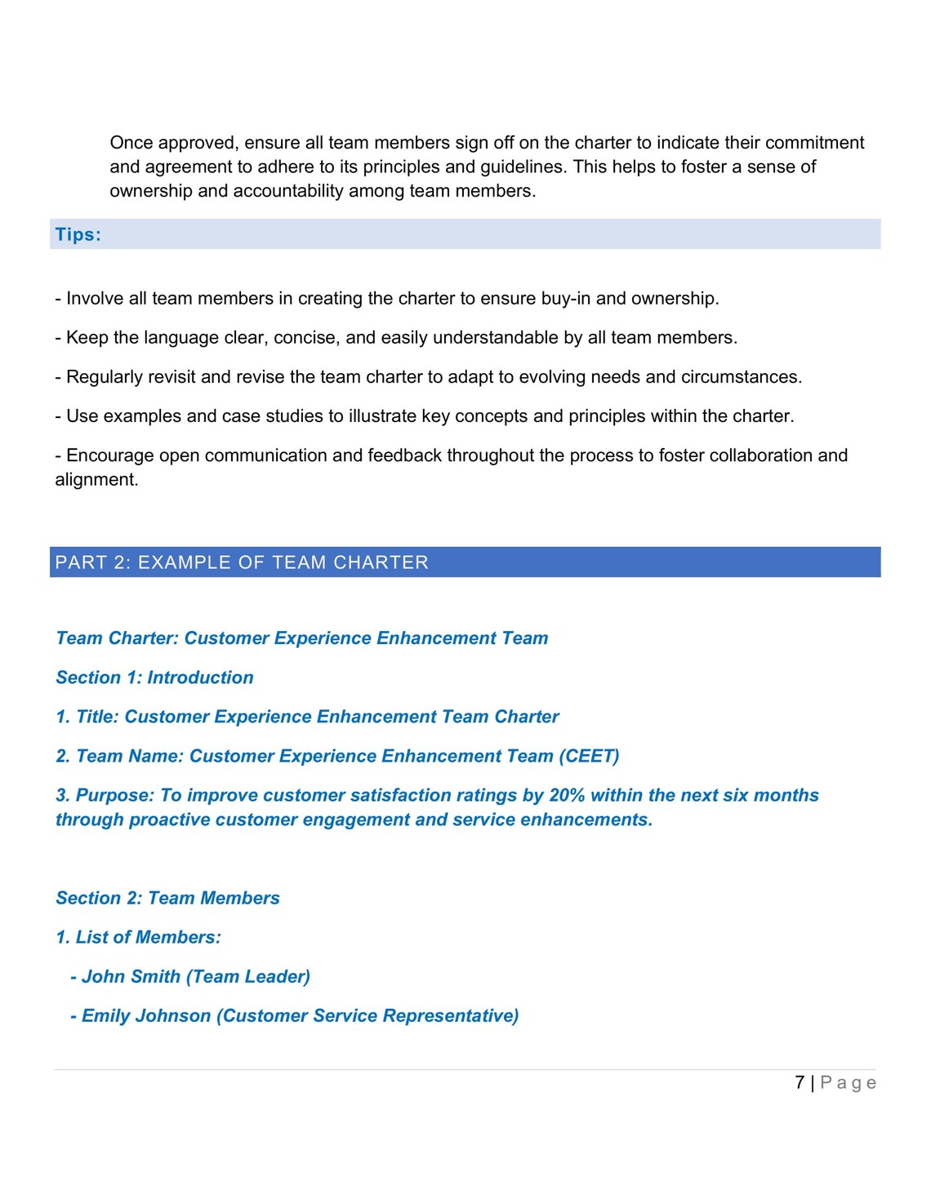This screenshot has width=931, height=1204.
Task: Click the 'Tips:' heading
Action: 78,235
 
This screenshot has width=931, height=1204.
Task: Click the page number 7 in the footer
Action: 800,1082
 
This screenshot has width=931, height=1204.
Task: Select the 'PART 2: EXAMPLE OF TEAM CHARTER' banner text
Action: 242,562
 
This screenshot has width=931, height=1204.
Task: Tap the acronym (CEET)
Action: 589,756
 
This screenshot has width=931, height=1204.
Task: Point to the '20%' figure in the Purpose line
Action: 567,795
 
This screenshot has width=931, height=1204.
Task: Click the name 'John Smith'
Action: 131,976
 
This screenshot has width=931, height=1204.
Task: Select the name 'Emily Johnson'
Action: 146,1015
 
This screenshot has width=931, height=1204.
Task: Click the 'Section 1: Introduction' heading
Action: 154,678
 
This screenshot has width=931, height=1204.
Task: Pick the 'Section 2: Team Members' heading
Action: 167,898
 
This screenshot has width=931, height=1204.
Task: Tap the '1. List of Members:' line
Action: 138,937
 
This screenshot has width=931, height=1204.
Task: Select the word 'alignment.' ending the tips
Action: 96,480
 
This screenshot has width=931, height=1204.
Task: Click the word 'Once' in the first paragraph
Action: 131,143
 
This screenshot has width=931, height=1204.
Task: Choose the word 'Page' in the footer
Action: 849,1083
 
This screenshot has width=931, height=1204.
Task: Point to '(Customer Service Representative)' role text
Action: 367,1015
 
